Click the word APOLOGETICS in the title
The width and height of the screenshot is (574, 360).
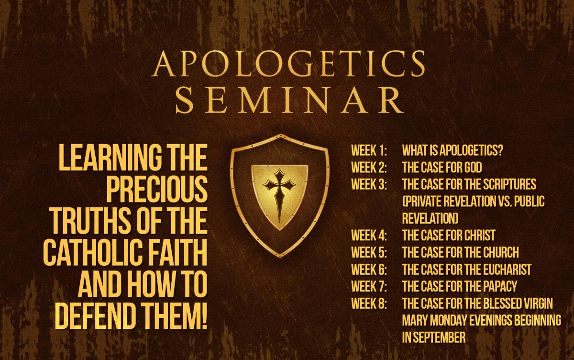tap(288, 63)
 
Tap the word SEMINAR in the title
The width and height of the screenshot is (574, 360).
tap(289, 100)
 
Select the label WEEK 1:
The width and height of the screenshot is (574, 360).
tap(369, 150)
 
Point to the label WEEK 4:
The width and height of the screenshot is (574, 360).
tap(369, 236)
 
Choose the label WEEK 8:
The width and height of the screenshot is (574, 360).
tap(369, 304)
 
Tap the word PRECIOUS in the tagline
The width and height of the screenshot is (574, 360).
tap(156, 190)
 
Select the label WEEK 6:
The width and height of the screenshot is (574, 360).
tap(369, 269)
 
